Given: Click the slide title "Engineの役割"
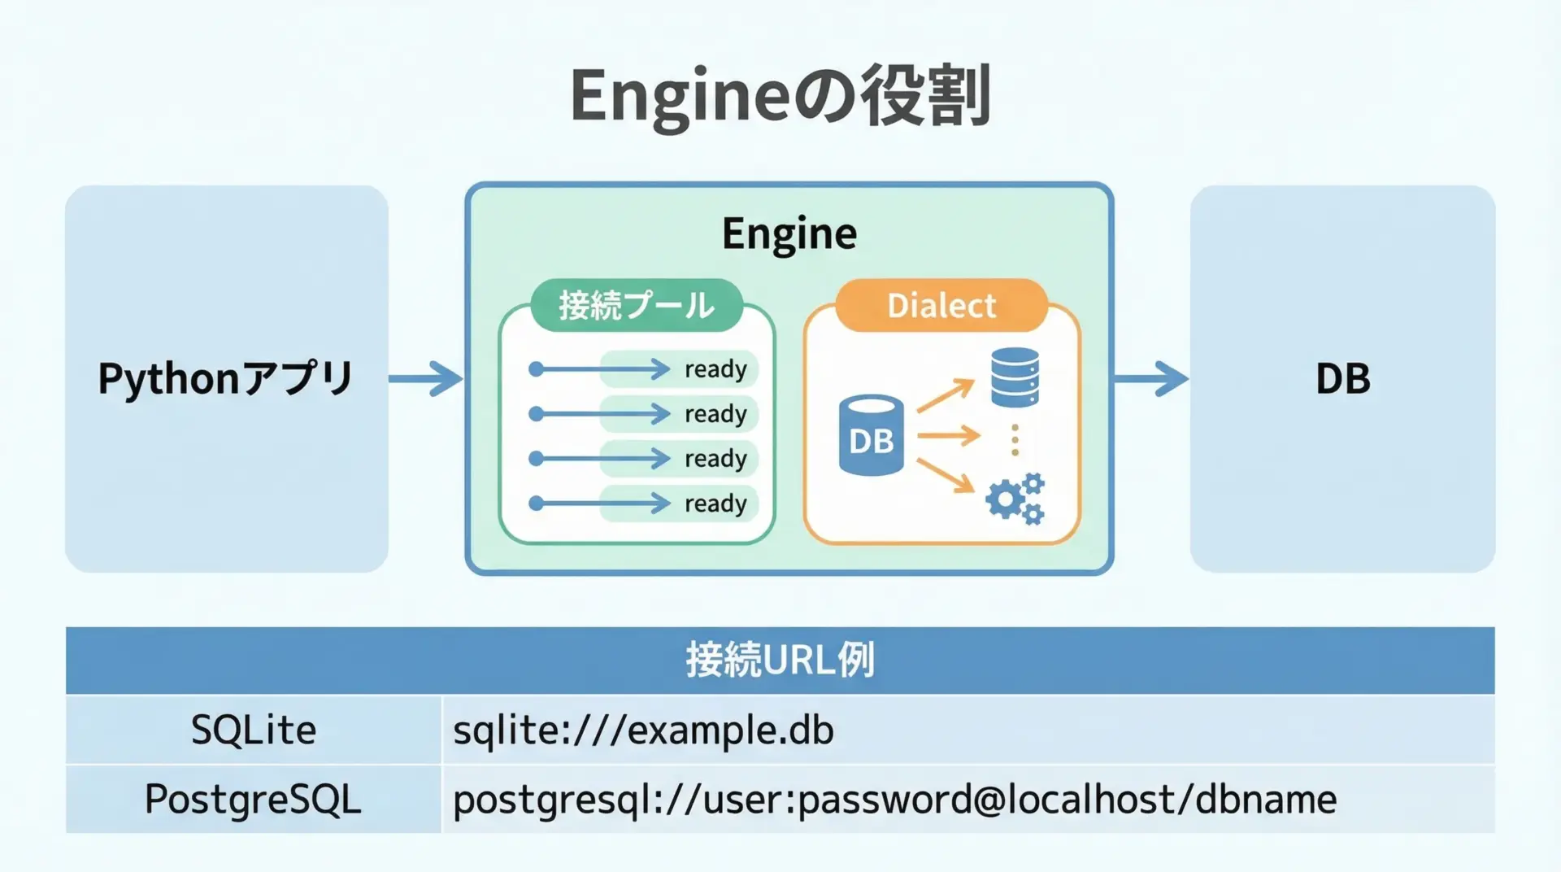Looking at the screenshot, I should coord(780,96).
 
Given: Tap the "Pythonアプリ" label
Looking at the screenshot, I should coord(225,379).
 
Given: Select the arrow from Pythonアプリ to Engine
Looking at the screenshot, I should coord(426,378).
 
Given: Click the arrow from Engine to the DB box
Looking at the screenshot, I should coord(1150,378).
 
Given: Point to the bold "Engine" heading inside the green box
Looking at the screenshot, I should coord(789,234).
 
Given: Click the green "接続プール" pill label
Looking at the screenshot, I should coord(637,306).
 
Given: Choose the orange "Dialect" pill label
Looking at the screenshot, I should coord(941,306).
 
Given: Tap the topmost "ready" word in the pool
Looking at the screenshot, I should coord(715,369).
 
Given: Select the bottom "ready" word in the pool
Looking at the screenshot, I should coord(715,504).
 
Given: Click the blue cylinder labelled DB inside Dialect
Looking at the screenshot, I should coord(871,435).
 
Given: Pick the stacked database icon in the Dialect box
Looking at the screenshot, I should coord(1015,377).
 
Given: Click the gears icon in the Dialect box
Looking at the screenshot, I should coord(1015,498).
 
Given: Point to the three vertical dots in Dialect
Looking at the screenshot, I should coord(1015,439).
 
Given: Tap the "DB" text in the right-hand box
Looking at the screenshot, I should coord(1342,379).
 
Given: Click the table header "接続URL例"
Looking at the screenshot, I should coord(780,660).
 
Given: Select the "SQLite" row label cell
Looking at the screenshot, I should coord(253,730).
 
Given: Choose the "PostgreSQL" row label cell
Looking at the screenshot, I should coord(253,799).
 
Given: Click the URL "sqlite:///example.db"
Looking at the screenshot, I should coord(643,730).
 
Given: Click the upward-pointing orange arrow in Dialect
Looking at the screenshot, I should coord(946,396).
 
